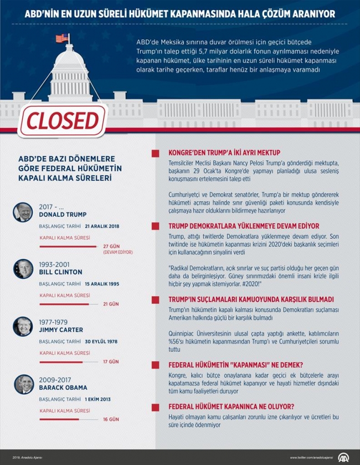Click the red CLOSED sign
62,120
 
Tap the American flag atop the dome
61,39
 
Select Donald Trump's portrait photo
23,212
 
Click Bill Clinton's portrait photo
23,269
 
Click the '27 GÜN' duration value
111,246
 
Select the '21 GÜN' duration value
111,304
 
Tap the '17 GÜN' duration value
111,361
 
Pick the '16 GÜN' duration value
111,419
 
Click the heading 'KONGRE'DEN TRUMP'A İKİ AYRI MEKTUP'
224,152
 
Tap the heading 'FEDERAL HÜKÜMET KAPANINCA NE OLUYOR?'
231,405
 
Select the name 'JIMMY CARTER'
61,330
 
